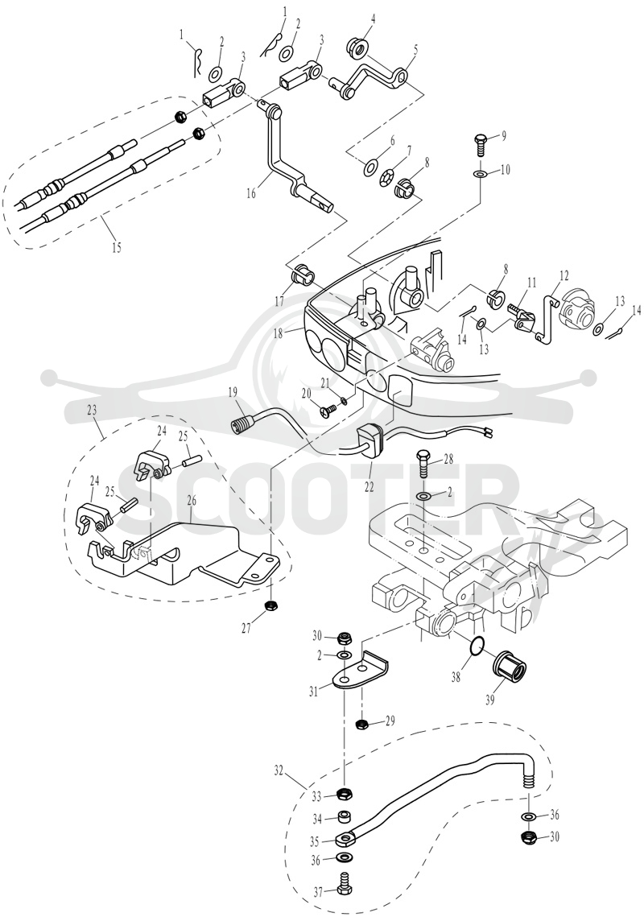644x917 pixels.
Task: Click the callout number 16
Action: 251,193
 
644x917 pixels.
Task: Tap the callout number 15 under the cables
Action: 117,247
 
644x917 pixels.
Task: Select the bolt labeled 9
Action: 479,143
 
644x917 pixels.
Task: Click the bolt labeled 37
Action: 345,878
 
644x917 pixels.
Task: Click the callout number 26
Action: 191,500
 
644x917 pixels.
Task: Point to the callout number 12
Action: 563,273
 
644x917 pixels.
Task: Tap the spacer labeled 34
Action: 345,816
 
